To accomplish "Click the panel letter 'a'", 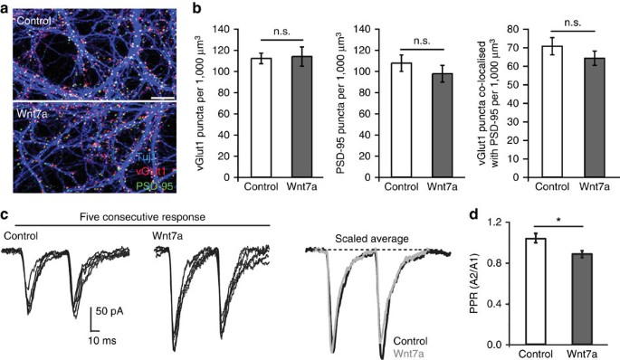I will pos(5,7).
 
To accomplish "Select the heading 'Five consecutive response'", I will pos(138,216).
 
